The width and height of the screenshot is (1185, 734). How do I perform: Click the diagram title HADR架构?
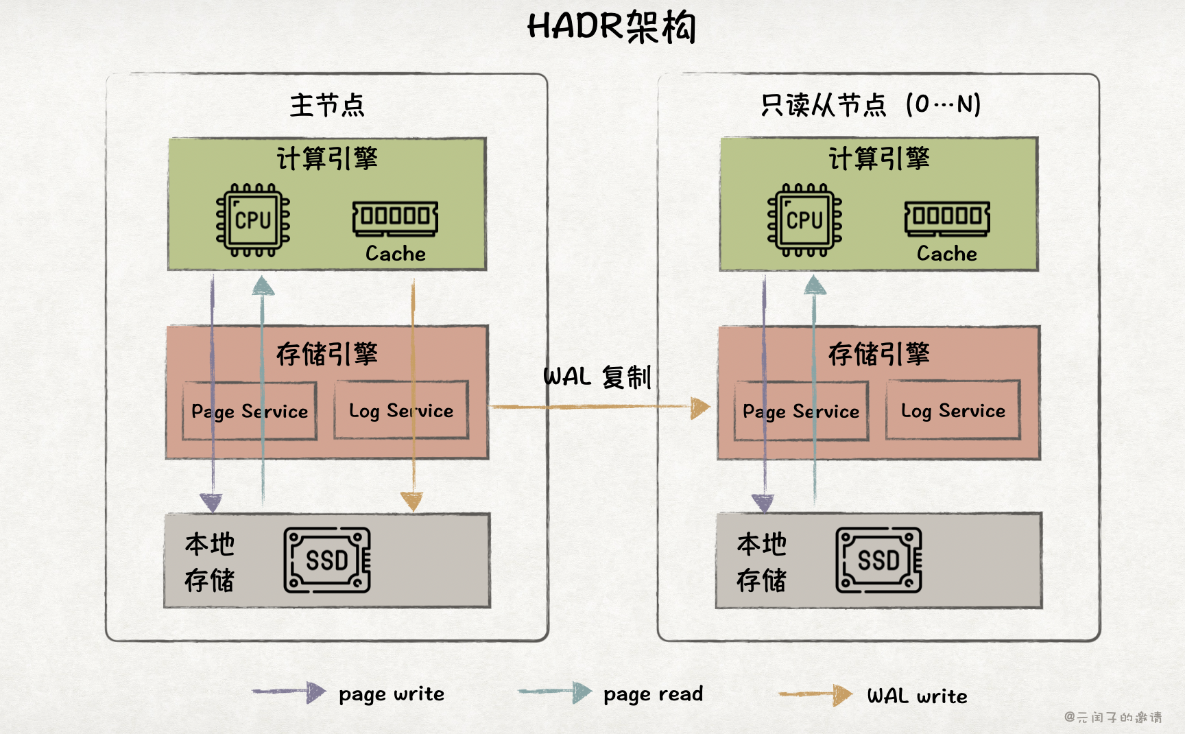point(611,27)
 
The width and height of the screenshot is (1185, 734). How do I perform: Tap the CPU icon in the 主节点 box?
point(253,220)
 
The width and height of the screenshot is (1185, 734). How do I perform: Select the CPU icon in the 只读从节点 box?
point(804,220)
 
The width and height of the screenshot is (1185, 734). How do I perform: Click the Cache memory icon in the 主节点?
point(396,218)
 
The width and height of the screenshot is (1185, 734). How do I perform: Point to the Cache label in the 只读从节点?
point(947,254)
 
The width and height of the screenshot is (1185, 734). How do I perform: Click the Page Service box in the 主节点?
point(250,411)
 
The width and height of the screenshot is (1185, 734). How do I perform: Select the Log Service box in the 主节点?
point(401,410)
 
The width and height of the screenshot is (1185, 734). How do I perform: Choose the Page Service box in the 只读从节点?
point(801,411)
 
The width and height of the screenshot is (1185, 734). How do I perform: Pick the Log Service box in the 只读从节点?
point(953,410)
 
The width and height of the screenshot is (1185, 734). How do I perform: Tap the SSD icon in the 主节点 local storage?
point(327,560)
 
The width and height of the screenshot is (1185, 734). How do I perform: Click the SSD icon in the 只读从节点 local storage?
point(878,560)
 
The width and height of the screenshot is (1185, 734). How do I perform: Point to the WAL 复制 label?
point(597,377)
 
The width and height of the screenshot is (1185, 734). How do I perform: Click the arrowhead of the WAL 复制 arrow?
point(699,407)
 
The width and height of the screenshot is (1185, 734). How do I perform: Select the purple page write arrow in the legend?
point(288,692)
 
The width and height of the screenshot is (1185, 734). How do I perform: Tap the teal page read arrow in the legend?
point(555,692)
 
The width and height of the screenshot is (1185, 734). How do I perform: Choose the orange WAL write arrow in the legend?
point(815,695)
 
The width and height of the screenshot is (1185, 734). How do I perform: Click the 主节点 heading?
point(327,106)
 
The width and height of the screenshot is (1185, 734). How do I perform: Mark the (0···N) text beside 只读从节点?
point(943,105)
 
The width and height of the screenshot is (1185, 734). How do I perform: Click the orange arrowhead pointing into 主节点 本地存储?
point(411,501)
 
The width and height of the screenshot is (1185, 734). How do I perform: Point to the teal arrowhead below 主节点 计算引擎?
point(263,286)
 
